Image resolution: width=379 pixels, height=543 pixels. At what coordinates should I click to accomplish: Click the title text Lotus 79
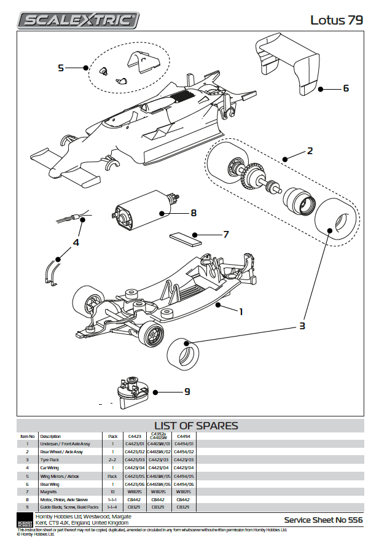coord(336,20)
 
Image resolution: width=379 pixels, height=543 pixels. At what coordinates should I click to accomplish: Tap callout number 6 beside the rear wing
coord(346,88)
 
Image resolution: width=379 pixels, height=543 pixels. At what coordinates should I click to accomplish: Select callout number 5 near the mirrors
coord(61,68)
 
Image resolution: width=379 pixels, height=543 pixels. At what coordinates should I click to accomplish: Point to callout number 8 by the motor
coord(193,213)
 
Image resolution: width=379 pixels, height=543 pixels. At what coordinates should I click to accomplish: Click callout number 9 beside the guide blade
coord(187,391)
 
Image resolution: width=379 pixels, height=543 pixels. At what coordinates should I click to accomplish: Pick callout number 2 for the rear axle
coord(310,150)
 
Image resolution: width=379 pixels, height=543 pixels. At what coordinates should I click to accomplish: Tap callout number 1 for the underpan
coord(241,311)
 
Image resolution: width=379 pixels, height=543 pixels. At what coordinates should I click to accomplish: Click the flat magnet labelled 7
coord(186,238)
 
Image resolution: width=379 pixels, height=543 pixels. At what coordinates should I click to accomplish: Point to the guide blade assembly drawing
coord(133,393)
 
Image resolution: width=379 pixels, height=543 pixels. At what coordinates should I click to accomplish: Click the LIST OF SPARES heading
coord(196,426)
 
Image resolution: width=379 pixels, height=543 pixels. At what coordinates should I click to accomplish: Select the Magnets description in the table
coord(49,492)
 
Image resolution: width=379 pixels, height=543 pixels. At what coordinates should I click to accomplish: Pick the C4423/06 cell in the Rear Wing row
coord(134,484)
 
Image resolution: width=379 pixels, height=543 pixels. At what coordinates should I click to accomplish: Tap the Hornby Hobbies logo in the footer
coord(24,520)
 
